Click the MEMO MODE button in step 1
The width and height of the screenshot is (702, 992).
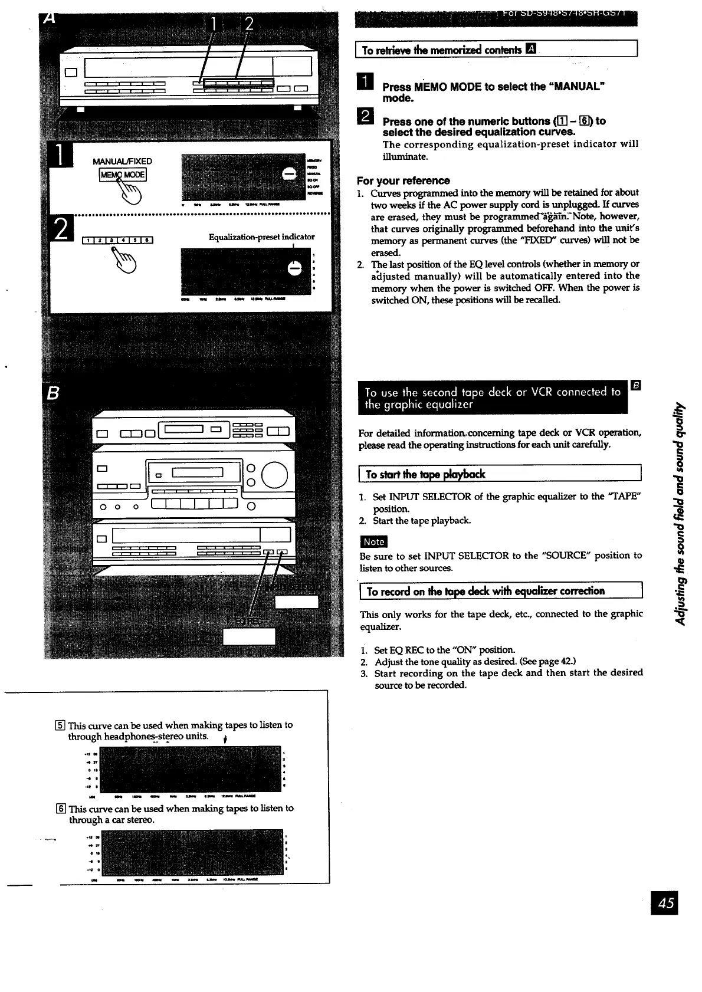click(x=123, y=175)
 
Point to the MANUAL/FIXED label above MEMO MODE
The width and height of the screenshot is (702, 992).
click(x=122, y=161)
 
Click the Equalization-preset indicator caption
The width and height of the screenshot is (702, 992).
click(x=261, y=236)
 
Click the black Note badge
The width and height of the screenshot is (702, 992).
click(x=373, y=541)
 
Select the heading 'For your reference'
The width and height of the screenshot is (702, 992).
click(x=403, y=180)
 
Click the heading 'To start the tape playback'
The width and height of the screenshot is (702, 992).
click(x=425, y=474)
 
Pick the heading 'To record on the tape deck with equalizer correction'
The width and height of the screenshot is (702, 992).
click(x=486, y=591)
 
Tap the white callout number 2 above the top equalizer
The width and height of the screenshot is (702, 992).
click(x=249, y=24)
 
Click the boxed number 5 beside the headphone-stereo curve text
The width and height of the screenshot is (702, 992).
click(x=63, y=725)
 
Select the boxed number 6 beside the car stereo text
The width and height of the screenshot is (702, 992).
click(x=63, y=809)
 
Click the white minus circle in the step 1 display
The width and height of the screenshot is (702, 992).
click(x=290, y=173)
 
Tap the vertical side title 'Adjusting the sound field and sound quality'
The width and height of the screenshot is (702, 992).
click(x=680, y=513)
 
